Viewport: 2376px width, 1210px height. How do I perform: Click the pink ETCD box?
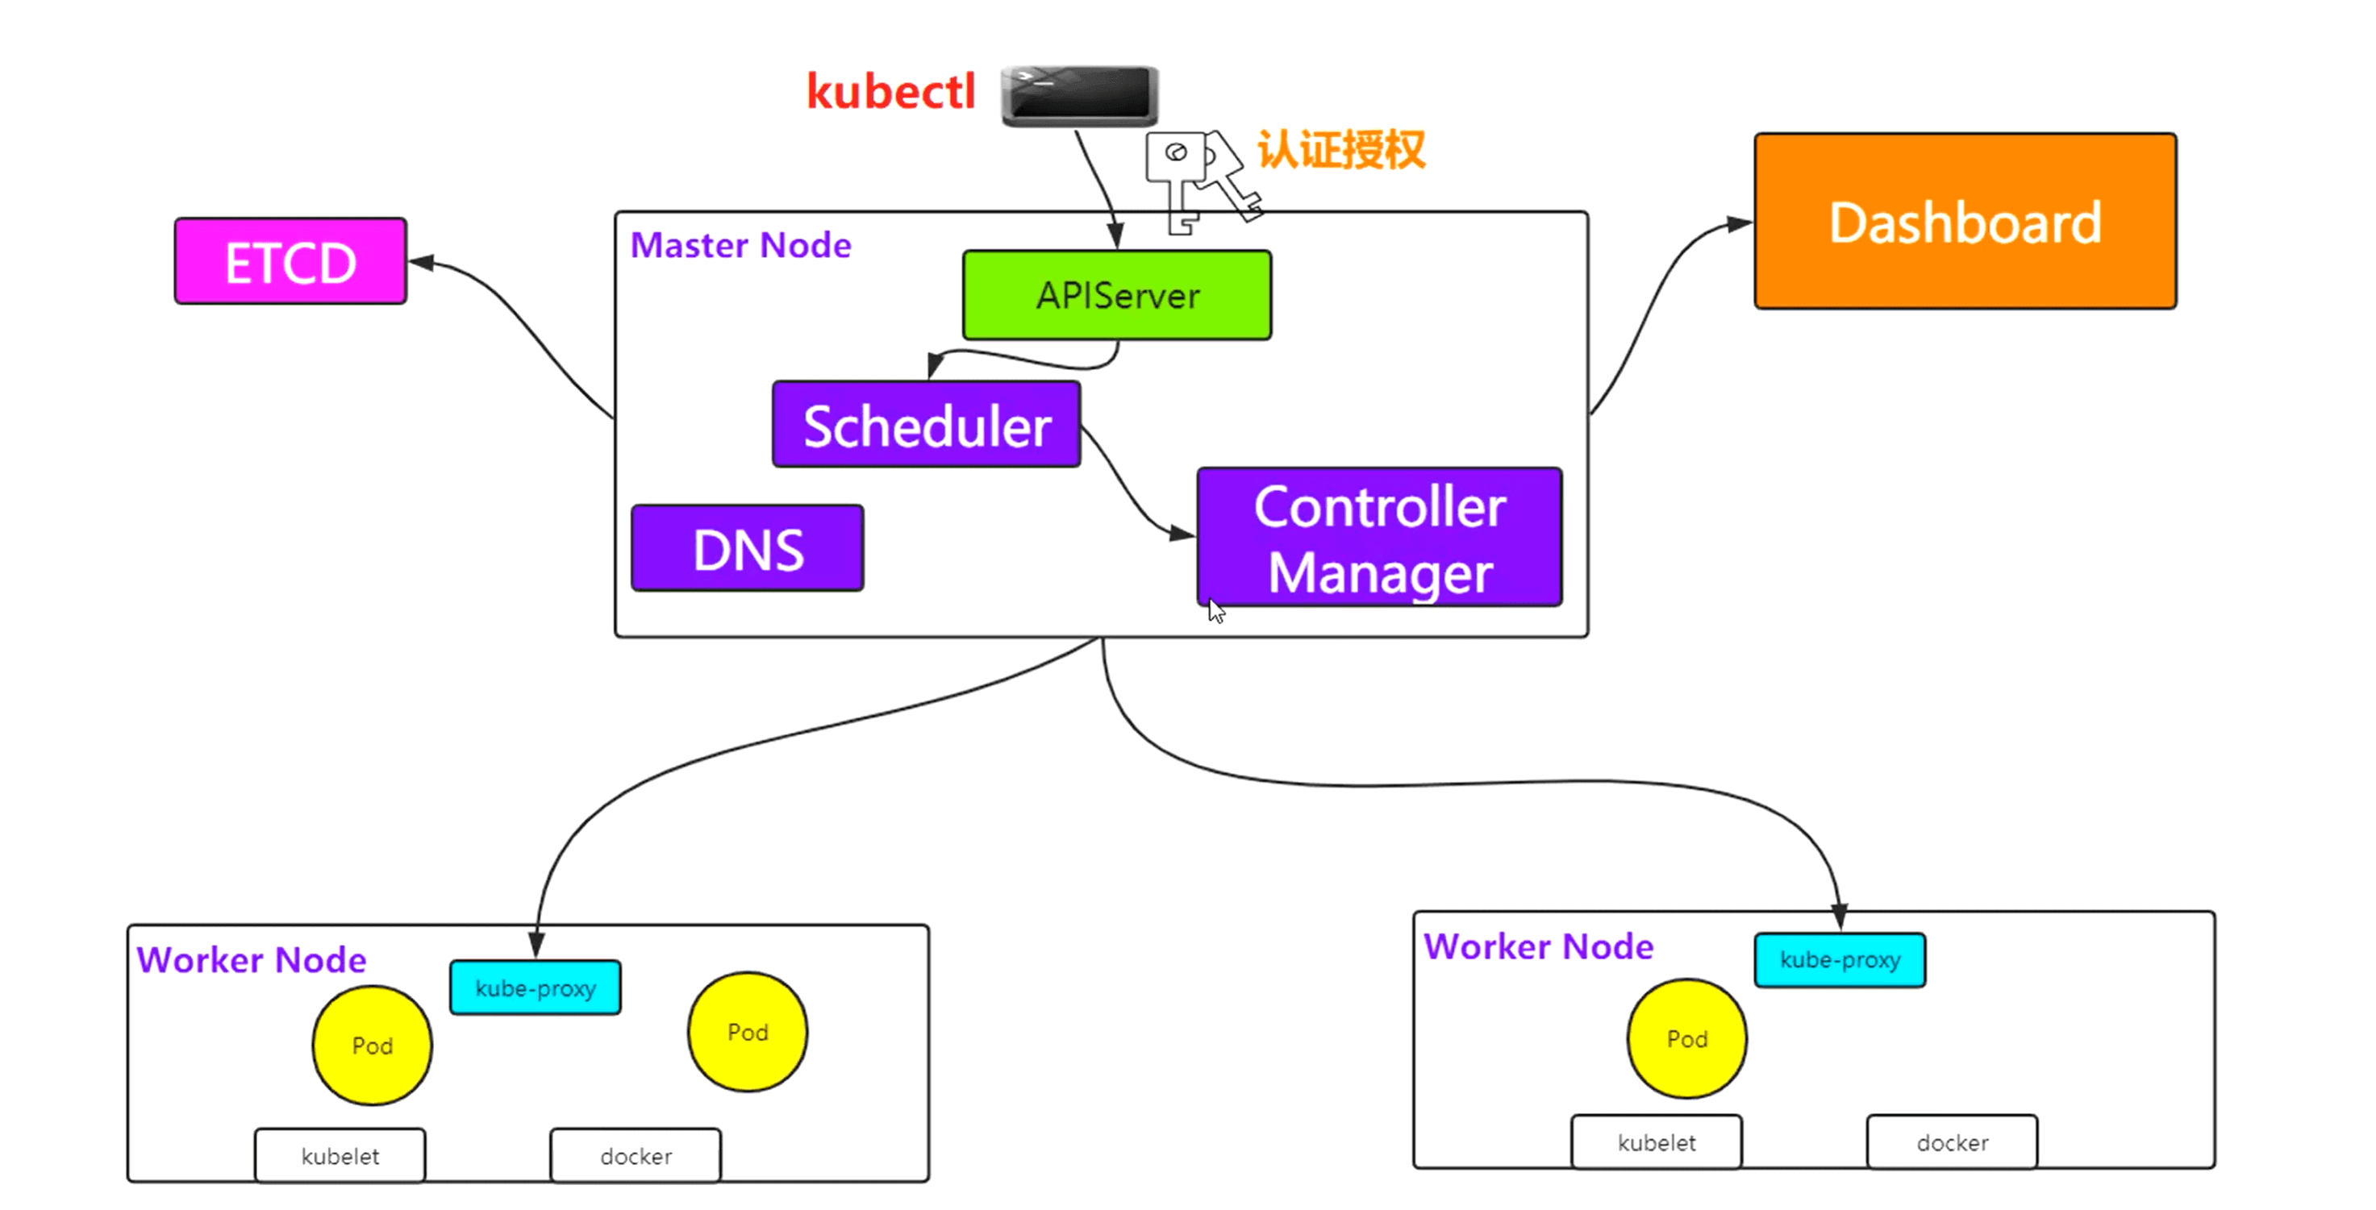290,261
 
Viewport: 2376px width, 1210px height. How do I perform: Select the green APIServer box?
1117,295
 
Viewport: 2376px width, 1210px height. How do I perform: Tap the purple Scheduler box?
926,424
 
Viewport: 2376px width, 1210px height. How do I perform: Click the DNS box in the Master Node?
747,548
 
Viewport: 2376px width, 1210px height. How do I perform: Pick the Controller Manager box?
1379,537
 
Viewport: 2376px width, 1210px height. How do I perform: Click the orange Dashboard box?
1965,222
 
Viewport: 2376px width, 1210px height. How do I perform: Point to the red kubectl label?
891,92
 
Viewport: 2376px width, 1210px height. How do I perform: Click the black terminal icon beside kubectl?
1079,95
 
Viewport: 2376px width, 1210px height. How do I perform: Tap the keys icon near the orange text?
1199,180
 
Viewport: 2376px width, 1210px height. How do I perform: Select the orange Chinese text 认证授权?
1342,149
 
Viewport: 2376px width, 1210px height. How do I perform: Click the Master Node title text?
740,245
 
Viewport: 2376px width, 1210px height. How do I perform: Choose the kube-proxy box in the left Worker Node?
535,988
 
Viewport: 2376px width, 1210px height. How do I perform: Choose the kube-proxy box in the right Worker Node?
1839,960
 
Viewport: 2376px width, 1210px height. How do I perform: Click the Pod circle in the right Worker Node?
1687,1038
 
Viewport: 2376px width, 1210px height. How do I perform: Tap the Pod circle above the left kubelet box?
372,1045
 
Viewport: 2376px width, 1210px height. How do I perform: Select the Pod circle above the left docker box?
747,1032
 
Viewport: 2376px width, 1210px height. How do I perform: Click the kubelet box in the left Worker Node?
340,1156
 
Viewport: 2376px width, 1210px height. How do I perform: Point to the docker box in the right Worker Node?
1952,1142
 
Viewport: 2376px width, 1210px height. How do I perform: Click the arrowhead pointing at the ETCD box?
420,263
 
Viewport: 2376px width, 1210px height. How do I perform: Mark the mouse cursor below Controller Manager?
1216,610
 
